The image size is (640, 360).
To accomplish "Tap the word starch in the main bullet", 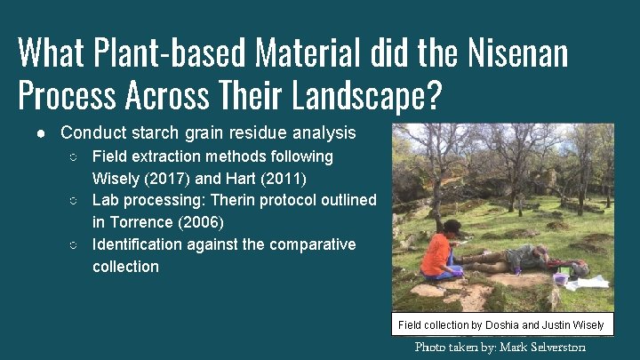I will point(156,133).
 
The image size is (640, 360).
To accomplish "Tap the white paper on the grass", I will point(592,283).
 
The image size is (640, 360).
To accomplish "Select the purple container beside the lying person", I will point(560,277).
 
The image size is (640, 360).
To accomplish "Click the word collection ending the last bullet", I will point(125,267).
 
